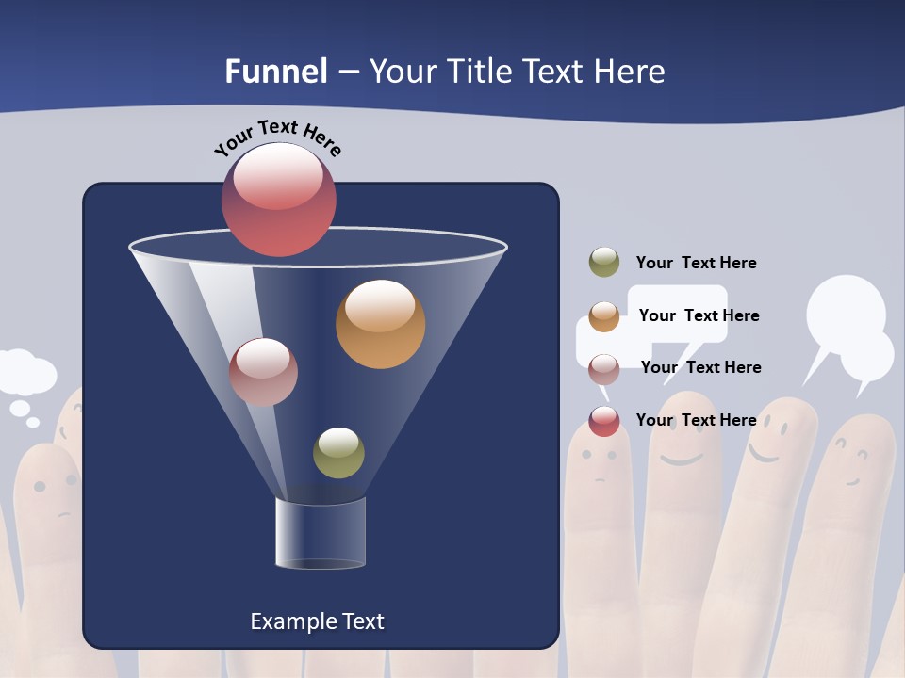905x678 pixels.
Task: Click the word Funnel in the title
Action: tap(276, 72)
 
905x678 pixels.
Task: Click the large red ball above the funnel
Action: tap(278, 199)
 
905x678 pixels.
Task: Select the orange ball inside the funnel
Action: tap(380, 324)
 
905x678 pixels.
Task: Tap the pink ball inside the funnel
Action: tap(263, 372)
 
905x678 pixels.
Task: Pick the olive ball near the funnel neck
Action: tap(338, 453)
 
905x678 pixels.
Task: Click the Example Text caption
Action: tap(317, 621)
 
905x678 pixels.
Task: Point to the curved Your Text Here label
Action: tap(278, 137)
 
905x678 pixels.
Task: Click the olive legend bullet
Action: tap(604, 263)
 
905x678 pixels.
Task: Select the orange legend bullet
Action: tap(604, 316)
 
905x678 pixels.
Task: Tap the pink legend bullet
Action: tap(604, 369)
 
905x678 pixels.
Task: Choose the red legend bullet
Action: tap(604, 421)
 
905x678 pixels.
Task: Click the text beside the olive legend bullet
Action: tap(696, 263)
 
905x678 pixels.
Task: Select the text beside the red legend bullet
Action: tap(696, 420)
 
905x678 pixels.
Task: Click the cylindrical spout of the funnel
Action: tap(320, 533)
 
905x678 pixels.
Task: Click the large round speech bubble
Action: tap(846, 313)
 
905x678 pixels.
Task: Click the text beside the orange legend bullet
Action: tap(699, 315)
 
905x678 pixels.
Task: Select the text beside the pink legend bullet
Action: tap(700, 367)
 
